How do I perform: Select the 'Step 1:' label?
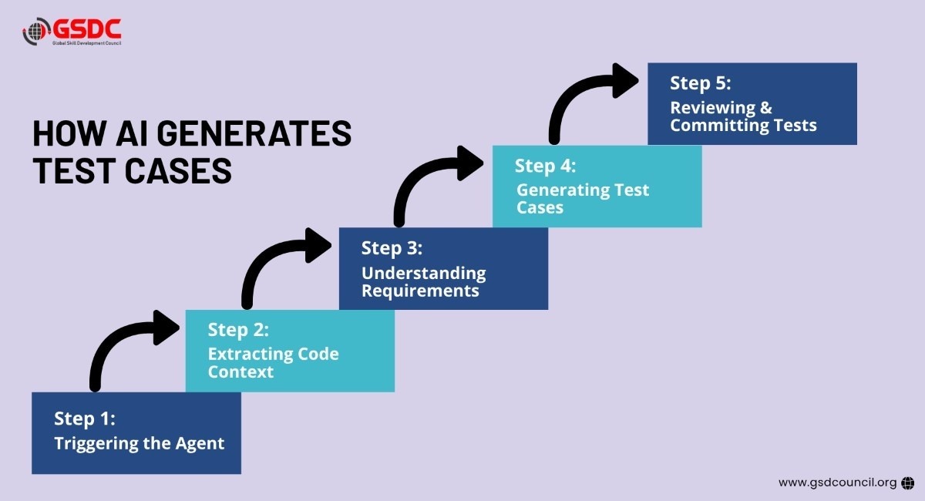coord(85,419)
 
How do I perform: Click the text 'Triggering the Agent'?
coord(139,443)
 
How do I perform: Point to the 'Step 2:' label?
coord(238,330)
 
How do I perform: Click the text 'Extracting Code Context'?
coord(273,362)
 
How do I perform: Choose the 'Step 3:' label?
coord(392,248)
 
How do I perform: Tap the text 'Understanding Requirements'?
coord(424,281)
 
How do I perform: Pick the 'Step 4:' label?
coord(546,166)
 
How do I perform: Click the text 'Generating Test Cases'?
coord(582,198)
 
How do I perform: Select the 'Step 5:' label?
coord(700,83)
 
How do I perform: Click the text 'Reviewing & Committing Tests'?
coord(743,116)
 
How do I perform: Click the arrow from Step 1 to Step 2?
coord(132,346)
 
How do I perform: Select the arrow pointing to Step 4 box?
coord(436,182)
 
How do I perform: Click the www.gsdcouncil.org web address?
coord(837,483)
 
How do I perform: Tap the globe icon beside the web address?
coord(908,483)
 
